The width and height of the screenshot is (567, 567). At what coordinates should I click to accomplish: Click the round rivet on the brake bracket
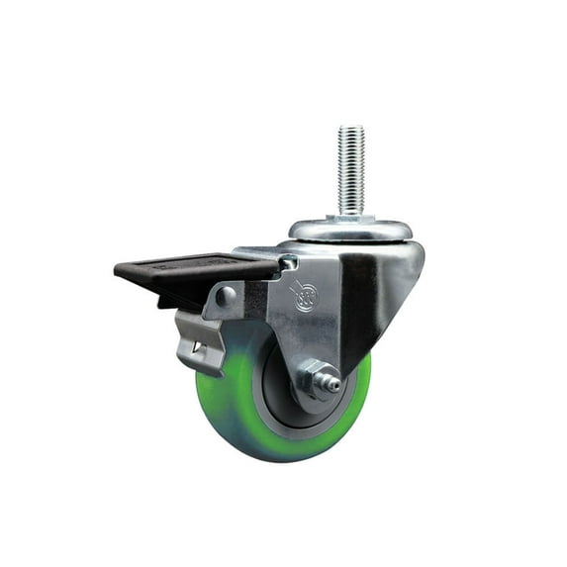point(228,294)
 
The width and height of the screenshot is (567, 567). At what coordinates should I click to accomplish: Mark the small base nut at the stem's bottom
point(349,219)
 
